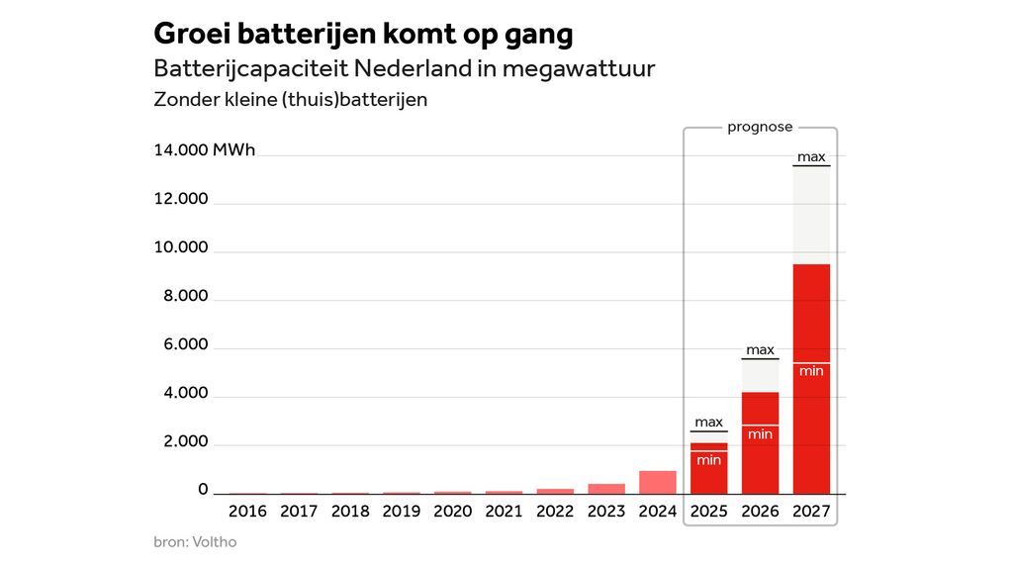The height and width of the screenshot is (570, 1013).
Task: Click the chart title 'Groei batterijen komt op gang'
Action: [363, 34]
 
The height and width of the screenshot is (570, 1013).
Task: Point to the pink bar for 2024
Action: [658, 482]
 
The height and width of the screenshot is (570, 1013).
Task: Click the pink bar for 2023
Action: [606, 488]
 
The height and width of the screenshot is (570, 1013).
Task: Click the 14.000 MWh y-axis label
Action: [204, 150]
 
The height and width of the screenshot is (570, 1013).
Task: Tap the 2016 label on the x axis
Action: [247, 512]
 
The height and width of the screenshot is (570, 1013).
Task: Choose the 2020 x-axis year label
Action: [452, 512]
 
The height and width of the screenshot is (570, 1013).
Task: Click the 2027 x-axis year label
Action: [811, 512]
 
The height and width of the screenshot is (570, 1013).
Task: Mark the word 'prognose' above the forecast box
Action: [760, 127]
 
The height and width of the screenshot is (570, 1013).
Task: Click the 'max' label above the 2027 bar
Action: [811, 156]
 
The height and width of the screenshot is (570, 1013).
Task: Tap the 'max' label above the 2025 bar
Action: [708, 422]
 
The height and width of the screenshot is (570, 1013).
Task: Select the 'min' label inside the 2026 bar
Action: [760, 433]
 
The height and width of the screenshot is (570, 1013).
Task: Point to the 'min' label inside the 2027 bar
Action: [811, 370]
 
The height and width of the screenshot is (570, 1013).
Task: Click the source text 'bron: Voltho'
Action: [195, 542]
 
